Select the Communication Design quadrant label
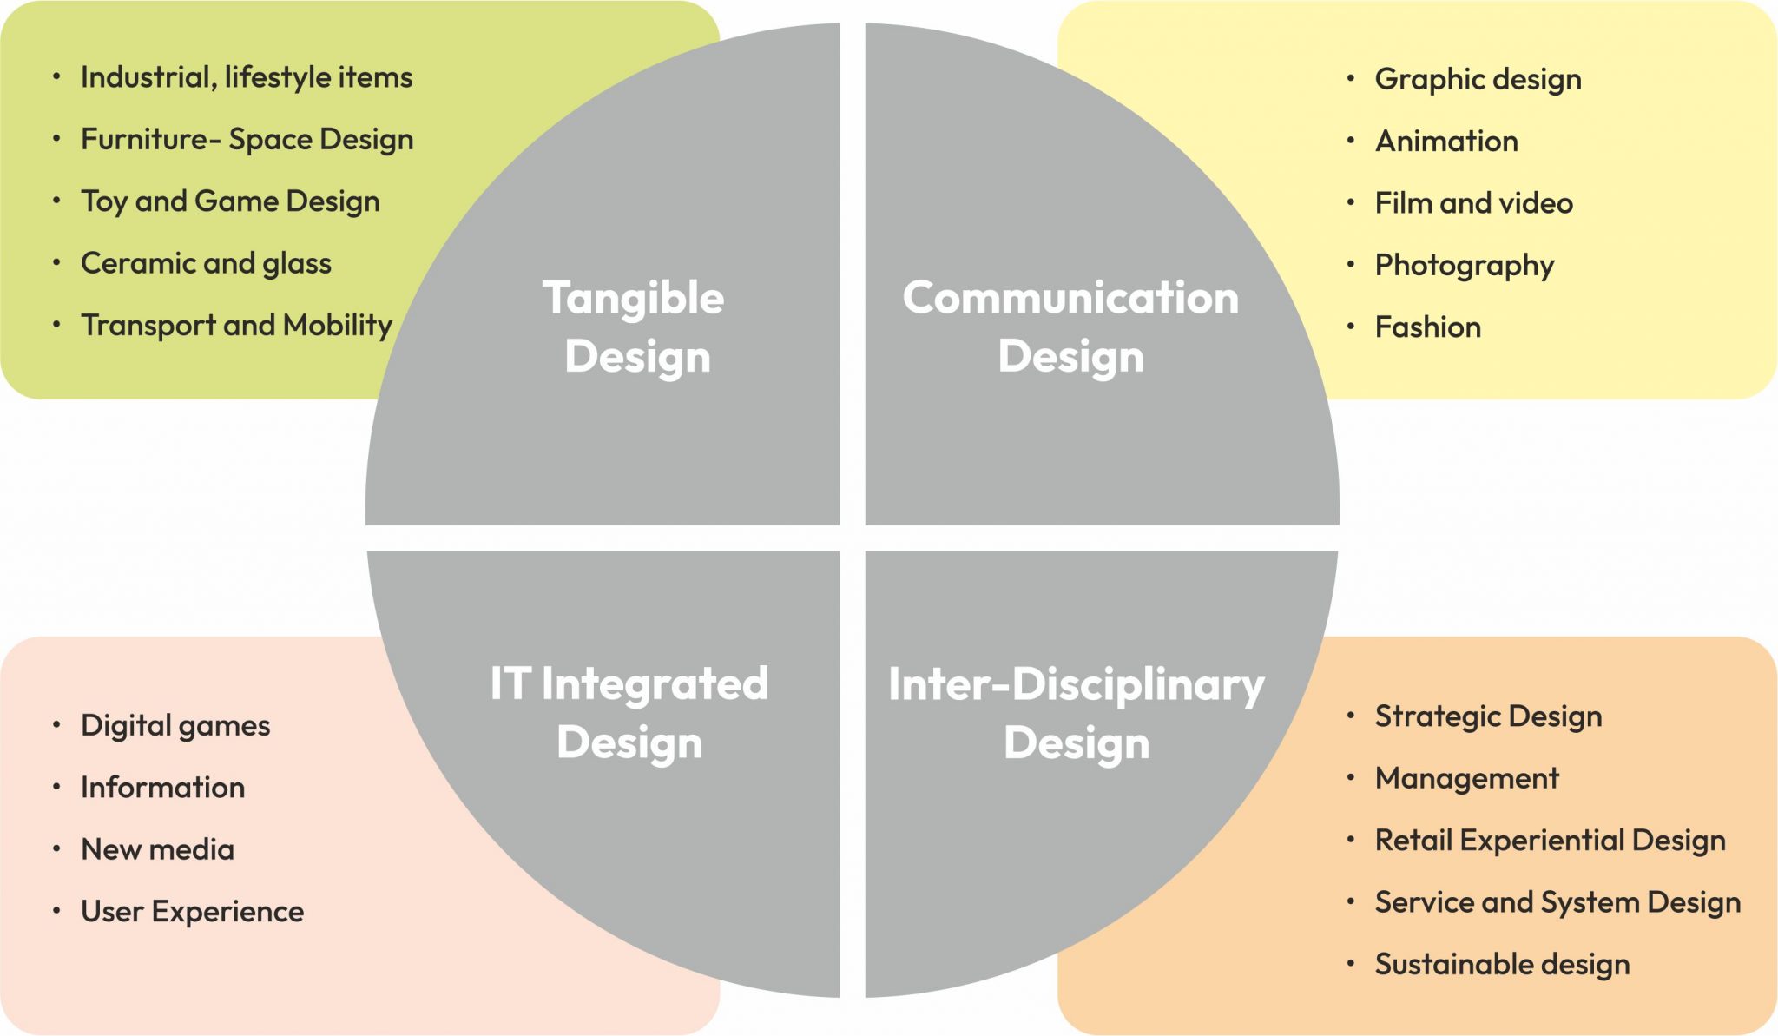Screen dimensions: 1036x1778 point(1070,327)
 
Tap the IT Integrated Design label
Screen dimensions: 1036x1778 point(629,712)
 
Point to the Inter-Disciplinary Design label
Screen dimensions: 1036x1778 point(1076,713)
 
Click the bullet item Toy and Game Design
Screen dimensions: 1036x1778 point(230,201)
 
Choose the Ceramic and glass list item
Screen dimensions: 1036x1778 point(206,263)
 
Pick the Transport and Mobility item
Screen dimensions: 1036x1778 point(236,325)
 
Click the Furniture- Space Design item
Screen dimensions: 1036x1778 point(247,140)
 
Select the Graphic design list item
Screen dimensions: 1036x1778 point(1478,80)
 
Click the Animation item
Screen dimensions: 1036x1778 point(1446,141)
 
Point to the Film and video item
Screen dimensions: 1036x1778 point(1473,203)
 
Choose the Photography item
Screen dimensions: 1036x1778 point(1464,266)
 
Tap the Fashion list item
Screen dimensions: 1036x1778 point(1427,327)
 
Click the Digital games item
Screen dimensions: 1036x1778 point(175,726)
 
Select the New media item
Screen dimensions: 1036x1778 point(157,849)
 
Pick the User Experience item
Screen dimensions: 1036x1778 point(192,912)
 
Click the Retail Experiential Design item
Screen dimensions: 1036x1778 point(1550,841)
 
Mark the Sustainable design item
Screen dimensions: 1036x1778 point(1502,965)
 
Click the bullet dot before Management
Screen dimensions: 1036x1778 point(1351,777)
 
